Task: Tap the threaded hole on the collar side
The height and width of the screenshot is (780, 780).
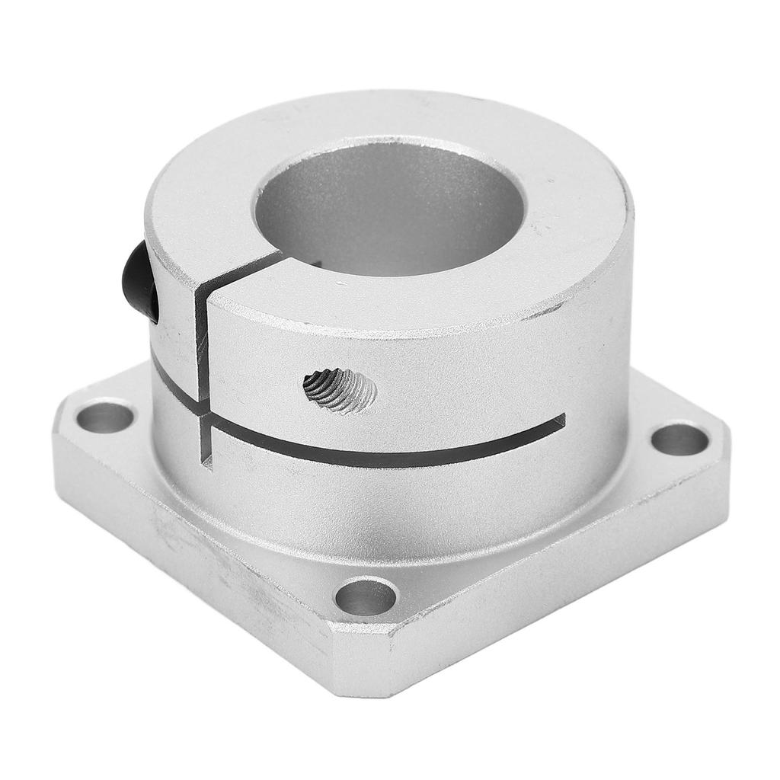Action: point(340,389)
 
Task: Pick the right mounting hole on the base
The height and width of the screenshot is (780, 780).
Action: point(679,440)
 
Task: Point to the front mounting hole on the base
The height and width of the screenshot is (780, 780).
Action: point(366,596)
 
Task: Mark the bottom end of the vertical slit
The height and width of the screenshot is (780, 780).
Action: point(206,460)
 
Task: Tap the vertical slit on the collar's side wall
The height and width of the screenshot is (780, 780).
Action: point(201,343)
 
